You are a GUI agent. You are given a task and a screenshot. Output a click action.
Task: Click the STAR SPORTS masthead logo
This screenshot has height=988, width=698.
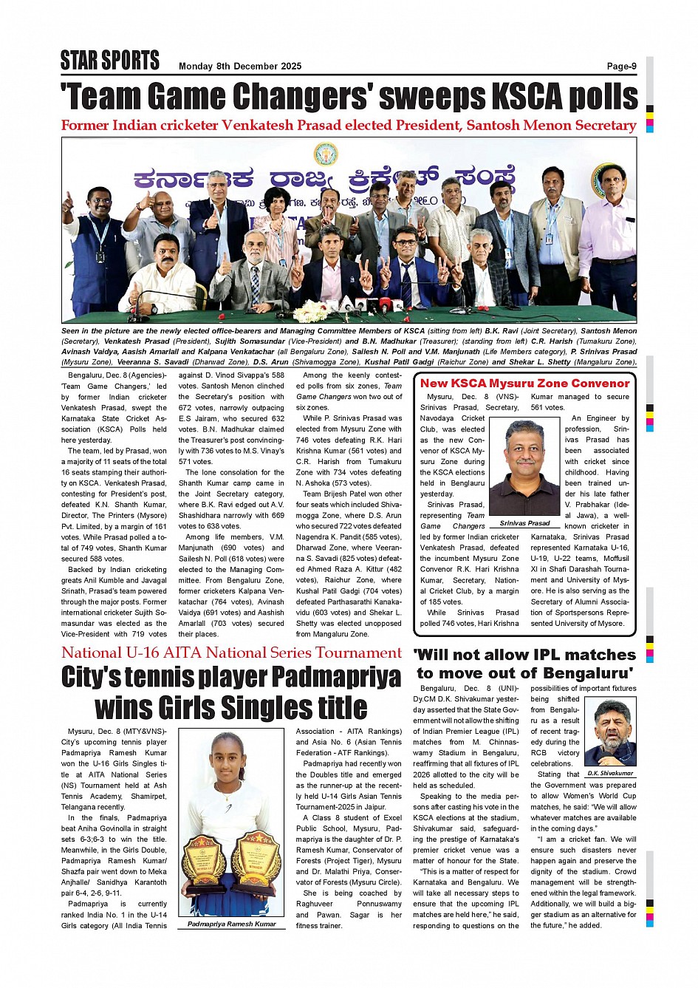coord(109,60)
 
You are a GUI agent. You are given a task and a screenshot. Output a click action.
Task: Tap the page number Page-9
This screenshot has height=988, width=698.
coord(621,66)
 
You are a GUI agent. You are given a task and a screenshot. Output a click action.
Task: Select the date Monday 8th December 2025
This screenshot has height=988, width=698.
coord(240,66)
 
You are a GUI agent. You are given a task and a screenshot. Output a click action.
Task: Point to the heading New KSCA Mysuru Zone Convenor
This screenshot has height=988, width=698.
coord(524,383)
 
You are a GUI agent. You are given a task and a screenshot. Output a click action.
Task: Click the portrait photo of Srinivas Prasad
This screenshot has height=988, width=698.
coord(524,467)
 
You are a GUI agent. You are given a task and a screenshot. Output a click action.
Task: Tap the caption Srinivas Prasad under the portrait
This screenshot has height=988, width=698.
coord(524,523)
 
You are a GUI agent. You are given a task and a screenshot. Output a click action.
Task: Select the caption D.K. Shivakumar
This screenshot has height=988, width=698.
coord(610,773)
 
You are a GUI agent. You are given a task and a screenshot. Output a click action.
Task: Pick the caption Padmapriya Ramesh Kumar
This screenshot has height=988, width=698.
coord(231,924)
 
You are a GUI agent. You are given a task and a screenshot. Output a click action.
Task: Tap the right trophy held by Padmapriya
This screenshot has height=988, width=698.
coord(256,860)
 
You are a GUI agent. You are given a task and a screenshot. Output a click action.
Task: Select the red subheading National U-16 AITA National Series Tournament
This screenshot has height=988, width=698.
coord(231,653)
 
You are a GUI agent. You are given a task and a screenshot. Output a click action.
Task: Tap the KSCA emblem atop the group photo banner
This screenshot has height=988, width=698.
coord(326,154)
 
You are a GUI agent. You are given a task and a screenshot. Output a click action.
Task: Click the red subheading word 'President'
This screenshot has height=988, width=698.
coord(425,126)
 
